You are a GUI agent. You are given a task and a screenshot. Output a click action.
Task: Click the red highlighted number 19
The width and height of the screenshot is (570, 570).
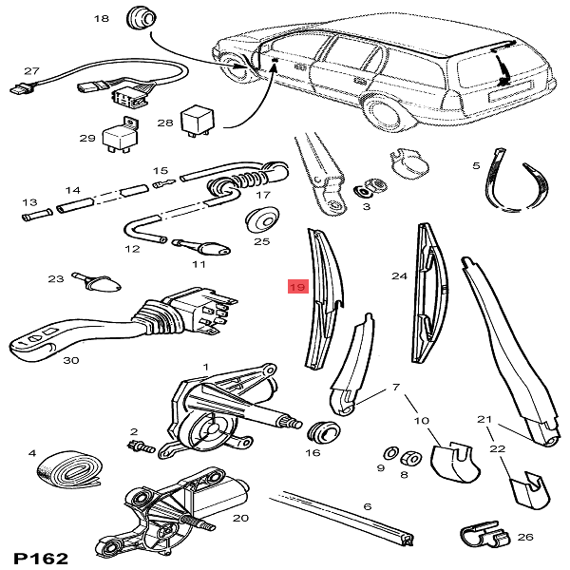tap(296, 286)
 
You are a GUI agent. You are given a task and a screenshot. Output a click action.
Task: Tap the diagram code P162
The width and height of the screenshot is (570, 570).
tap(39, 558)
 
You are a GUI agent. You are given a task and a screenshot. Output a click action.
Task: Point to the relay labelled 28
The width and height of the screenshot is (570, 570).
tap(200, 116)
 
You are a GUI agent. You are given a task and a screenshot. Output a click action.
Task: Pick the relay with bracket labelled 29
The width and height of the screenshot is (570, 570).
tap(124, 136)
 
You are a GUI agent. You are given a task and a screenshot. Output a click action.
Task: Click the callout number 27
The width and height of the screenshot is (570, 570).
tap(31, 71)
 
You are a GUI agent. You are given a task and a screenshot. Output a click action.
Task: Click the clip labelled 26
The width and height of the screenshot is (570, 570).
tap(483, 537)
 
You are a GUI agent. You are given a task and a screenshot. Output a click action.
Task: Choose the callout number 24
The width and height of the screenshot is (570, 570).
tap(399, 276)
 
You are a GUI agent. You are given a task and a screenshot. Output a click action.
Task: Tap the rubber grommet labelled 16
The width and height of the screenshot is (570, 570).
tap(327, 432)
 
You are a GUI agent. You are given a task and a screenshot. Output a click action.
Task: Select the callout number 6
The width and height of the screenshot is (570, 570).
tap(367, 506)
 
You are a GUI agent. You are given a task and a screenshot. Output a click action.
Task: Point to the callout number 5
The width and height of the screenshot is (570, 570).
tap(476, 166)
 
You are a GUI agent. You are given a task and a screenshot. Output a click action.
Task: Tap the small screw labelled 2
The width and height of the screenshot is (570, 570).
tap(140, 443)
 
